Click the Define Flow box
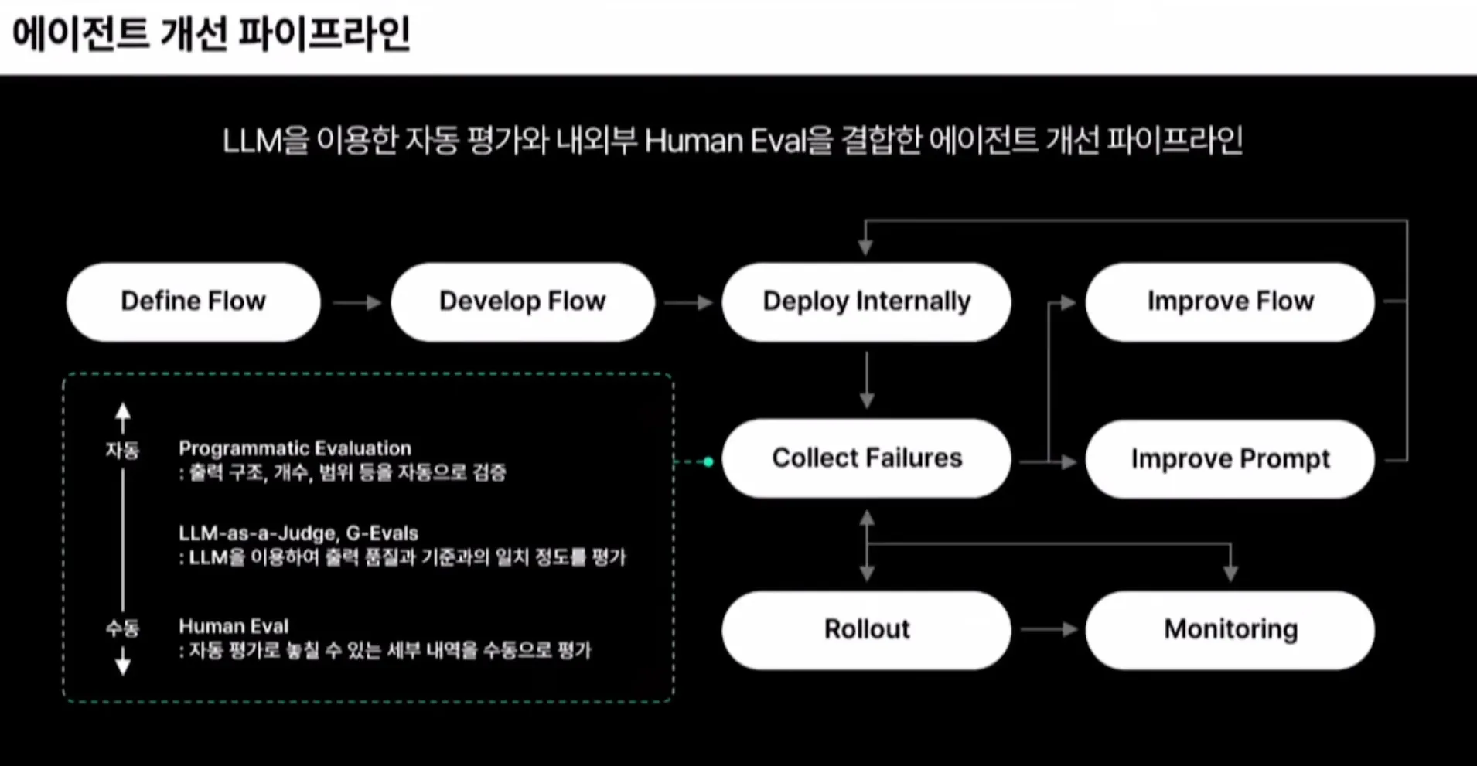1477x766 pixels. (193, 301)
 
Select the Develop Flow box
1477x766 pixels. (523, 301)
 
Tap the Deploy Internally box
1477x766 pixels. (866, 301)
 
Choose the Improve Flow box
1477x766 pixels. (1230, 301)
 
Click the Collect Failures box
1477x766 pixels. (866, 458)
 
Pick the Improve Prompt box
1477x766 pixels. (1230, 459)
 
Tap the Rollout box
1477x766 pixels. (866, 630)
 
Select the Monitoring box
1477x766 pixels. (1230, 630)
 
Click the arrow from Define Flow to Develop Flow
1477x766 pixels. (356, 302)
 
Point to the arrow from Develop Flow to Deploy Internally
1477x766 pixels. (687, 302)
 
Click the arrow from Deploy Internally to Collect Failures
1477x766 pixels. (867, 380)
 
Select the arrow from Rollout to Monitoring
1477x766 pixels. (1049, 630)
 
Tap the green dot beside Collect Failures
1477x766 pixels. (708, 461)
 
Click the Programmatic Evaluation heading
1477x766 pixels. (295, 448)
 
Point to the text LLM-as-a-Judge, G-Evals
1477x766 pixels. (298, 533)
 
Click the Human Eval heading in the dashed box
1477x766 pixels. (234, 626)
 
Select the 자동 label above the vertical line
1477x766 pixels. (122, 450)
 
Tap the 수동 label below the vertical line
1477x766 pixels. (122, 628)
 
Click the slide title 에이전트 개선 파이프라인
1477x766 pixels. (210, 35)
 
